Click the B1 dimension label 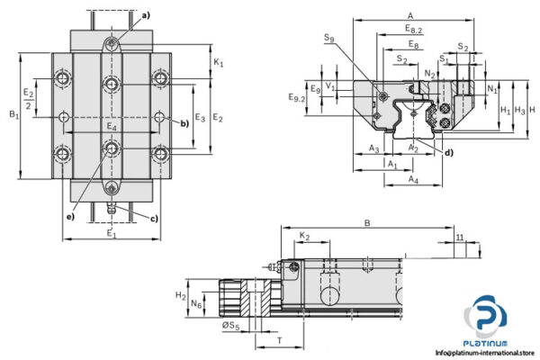point(12,114)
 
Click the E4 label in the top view point(111,127)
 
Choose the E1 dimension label point(111,235)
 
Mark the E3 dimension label point(200,118)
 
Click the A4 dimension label point(411,181)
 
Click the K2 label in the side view point(304,236)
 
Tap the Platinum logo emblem point(485,320)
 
